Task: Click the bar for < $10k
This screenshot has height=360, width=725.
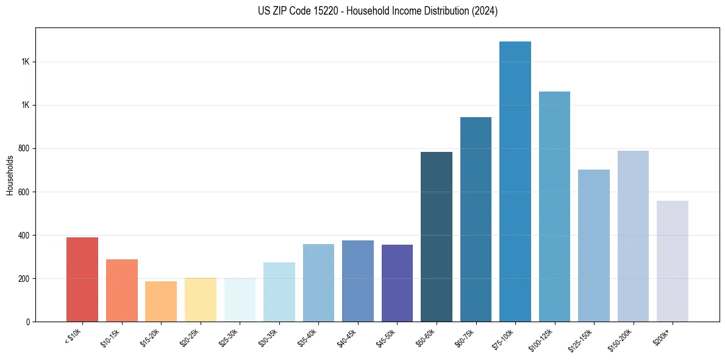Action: (82, 279)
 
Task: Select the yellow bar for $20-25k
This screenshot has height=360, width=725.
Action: (200, 300)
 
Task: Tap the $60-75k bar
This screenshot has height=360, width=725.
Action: (476, 219)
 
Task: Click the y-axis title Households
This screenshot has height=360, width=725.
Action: (10, 175)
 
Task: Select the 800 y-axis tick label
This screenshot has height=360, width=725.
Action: (24, 148)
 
